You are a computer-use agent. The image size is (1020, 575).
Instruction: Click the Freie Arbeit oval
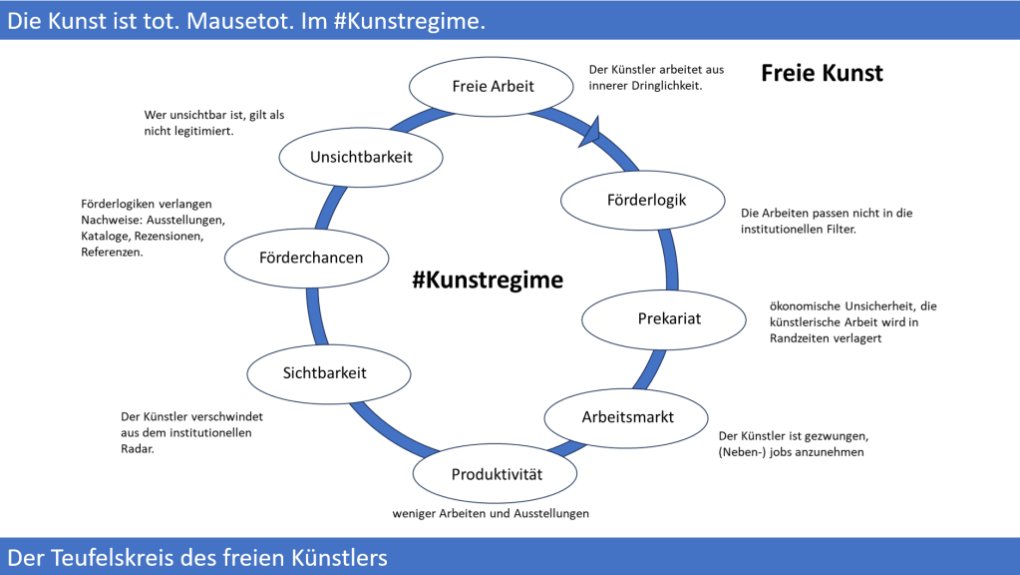[x=494, y=85]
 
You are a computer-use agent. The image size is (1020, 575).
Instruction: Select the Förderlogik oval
[x=647, y=200]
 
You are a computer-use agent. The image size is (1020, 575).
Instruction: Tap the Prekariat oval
[x=662, y=318]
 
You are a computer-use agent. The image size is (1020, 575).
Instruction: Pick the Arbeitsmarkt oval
[x=627, y=416]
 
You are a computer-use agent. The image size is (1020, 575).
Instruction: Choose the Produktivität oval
[x=496, y=474]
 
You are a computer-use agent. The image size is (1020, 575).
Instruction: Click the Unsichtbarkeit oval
[x=360, y=157]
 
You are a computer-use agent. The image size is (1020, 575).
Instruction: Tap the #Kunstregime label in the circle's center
[x=488, y=281]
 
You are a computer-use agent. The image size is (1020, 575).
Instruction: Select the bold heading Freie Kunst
[x=822, y=73]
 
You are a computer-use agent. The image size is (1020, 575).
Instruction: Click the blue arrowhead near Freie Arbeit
[x=590, y=131]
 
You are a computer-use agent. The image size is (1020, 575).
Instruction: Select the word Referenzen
[x=112, y=253]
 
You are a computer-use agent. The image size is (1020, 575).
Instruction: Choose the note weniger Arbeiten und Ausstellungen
[x=491, y=513]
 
